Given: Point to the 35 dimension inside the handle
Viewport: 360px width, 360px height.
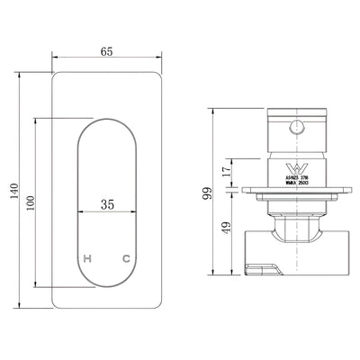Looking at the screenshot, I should coord(108,204).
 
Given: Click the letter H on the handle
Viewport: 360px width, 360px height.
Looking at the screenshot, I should coord(87,259).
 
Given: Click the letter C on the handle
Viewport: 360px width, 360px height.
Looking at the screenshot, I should coord(126,259).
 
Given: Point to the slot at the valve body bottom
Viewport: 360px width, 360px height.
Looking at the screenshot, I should coord(260,266).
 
